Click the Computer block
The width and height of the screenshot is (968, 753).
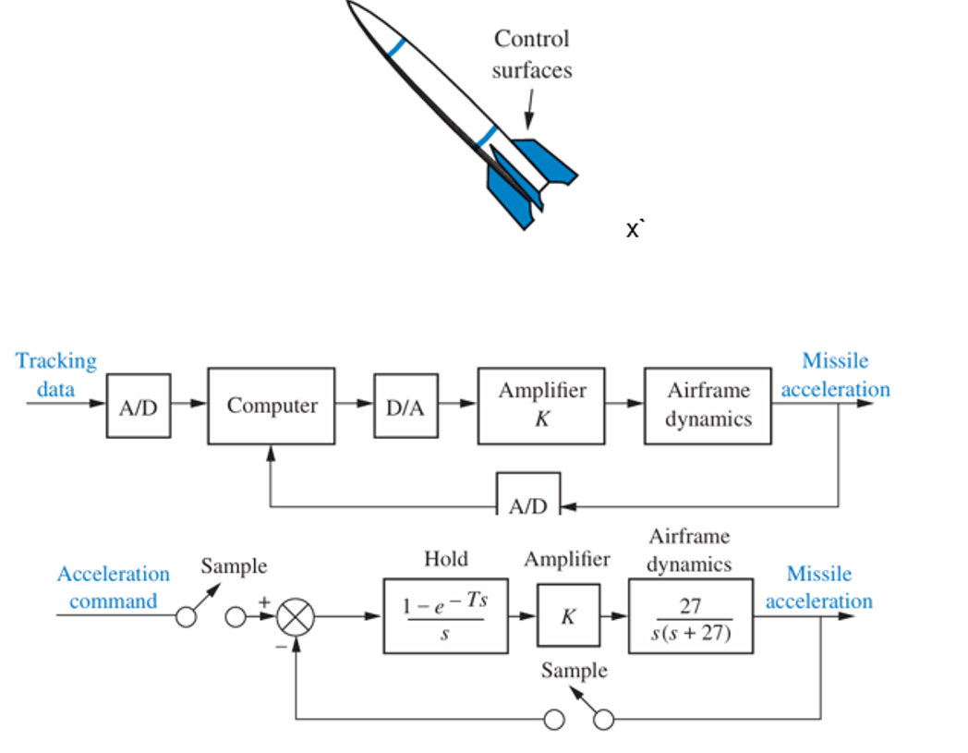pos(272,406)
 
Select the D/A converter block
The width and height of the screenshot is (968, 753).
pos(405,406)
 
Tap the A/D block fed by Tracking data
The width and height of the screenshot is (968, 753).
pos(139,406)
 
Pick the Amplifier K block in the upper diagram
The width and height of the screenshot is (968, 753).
pos(542,406)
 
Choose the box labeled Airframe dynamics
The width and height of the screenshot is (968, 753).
pos(708,406)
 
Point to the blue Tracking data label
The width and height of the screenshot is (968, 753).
pos(55,374)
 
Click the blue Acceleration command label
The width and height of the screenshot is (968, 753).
pos(113,588)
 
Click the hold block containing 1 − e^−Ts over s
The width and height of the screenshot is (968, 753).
pos(445,616)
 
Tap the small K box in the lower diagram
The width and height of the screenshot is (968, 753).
pos(568,616)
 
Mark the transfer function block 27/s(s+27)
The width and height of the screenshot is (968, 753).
pos(690,616)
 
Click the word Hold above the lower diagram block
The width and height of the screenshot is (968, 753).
pos(445,559)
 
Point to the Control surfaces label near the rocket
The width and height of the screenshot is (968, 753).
pos(531,55)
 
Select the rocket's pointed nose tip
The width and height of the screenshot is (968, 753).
pos(352,4)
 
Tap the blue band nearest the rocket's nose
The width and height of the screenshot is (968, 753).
pos(396,47)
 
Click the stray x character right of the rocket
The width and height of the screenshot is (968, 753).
pos(634,229)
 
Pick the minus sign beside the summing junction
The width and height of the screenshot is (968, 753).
pos(281,647)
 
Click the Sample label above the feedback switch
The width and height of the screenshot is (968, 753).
pos(575,670)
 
